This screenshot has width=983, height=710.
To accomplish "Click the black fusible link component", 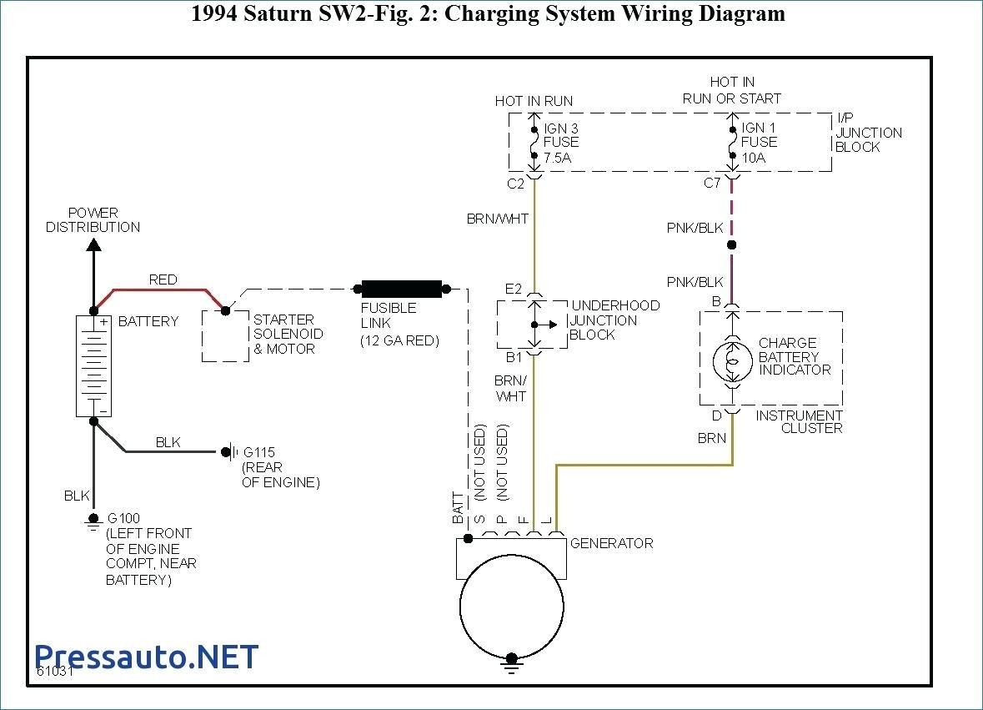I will pyautogui.click(x=401, y=289).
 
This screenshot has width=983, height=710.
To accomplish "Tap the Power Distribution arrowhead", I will pyautogui.click(x=93, y=244).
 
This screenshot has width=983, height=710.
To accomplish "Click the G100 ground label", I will pyautogui.click(x=123, y=518).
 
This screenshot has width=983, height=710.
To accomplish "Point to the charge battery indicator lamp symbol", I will pyautogui.click(x=731, y=361).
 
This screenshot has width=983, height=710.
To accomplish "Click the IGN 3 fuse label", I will pyautogui.click(x=561, y=128).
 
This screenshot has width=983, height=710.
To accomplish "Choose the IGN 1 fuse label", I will pyautogui.click(x=759, y=128).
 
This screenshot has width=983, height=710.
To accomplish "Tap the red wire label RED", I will pyautogui.click(x=163, y=279).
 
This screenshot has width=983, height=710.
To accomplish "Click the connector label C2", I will pyautogui.click(x=515, y=184).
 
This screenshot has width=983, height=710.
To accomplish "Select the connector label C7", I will pyautogui.click(x=711, y=184).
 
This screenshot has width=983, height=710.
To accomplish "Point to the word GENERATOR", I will pyautogui.click(x=611, y=543).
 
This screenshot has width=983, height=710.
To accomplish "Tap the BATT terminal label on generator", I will pyautogui.click(x=458, y=508).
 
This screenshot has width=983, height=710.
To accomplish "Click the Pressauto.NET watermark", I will pyautogui.click(x=147, y=657).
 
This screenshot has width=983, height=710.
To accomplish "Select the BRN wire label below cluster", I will pyautogui.click(x=712, y=438).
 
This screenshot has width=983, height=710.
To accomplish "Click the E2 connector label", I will pyautogui.click(x=513, y=290).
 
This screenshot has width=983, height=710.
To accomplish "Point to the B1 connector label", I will pyautogui.click(x=513, y=357).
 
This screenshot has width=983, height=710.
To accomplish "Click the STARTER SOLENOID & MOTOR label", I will pyautogui.click(x=288, y=334).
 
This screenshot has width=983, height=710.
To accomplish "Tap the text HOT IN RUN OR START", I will pyautogui.click(x=732, y=90).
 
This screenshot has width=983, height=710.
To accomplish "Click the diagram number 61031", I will pyautogui.click(x=55, y=671).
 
